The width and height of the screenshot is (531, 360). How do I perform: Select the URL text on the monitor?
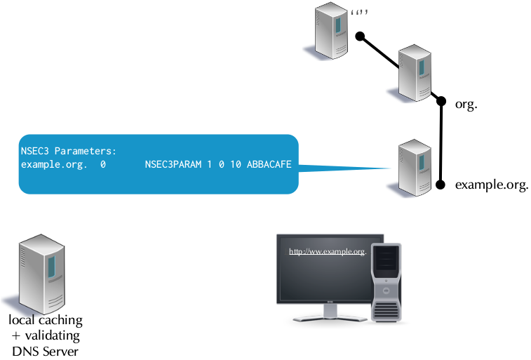(x=328, y=251)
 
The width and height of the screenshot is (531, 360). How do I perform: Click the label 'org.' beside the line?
(x=466, y=104)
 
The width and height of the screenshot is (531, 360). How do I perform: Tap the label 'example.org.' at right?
(x=491, y=185)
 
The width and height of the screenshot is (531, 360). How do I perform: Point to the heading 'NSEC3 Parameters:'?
(x=68, y=151)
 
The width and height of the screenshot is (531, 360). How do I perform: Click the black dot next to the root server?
(x=359, y=36)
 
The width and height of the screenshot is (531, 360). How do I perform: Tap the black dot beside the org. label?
(x=441, y=101)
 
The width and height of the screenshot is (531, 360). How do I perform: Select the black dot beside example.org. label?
(x=441, y=185)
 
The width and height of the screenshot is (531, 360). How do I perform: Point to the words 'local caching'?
(x=46, y=320)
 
